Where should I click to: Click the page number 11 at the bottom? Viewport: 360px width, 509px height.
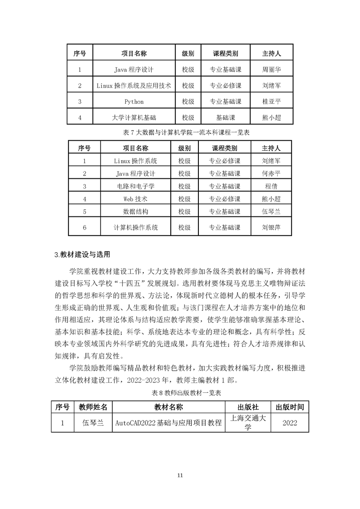(180, 475)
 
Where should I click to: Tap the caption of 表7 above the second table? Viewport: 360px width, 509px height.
(180, 132)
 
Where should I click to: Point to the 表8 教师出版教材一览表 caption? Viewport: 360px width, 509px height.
(180, 393)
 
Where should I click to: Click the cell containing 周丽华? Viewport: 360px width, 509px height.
(271, 70)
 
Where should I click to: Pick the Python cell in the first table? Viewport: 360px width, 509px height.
(134, 102)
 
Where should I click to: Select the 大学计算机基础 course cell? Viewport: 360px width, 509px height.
(134, 117)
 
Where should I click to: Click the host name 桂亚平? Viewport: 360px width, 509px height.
(271, 102)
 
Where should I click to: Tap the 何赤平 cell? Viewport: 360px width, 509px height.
(271, 173)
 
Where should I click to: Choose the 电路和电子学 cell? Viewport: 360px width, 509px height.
(136, 186)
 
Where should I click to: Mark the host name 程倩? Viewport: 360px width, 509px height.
(271, 186)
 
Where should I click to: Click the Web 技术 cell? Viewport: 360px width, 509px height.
(136, 199)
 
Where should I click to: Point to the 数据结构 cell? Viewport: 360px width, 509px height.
(136, 211)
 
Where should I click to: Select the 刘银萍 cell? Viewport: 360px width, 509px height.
(271, 228)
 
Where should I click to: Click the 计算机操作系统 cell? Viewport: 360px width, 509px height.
(136, 228)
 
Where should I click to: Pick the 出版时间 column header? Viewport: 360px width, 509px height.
(290, 407)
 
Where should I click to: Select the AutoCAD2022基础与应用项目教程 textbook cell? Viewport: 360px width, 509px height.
(168, 423)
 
